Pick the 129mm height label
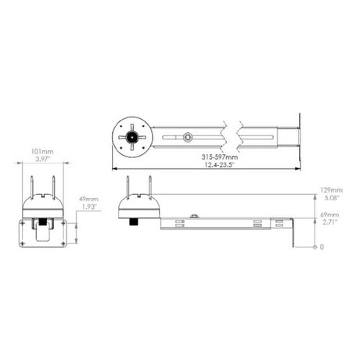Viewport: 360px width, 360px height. coord(331,190)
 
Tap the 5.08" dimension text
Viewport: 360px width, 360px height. coord(331,198)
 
